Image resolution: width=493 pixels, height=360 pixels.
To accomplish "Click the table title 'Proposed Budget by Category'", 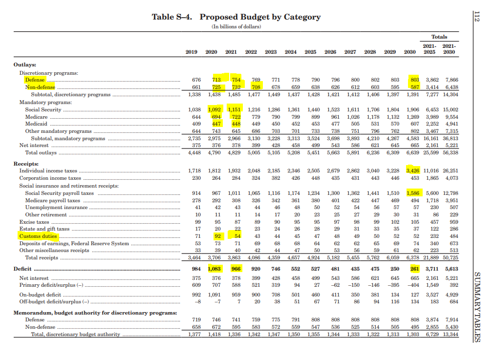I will pyautogui.click(x=260, y=17).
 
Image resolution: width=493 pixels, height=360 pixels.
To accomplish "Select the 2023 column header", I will pyautogui.click(x=271, y=52).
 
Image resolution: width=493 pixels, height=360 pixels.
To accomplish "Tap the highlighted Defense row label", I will pyautogui.click(x=35, y=80).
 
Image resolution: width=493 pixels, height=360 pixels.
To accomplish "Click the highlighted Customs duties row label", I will pyautogui.click(x=38, y=236).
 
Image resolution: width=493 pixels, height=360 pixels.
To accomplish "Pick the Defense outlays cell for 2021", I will pyautogui.click(x=236, y=80).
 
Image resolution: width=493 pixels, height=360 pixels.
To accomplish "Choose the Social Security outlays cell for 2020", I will pyautogui.click(x=215, y=110).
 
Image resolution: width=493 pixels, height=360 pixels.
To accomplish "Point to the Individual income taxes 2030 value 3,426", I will pyautogui.click(x=413, y=171).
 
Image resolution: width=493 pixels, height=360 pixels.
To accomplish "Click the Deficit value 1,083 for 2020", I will pyautogui.click(x=214, y=269).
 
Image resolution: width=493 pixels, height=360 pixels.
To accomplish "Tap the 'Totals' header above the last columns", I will pyautogui.click(x=439, y=37).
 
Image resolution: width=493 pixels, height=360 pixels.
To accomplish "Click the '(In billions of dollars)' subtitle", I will pyautogui.click(x=236, y=26).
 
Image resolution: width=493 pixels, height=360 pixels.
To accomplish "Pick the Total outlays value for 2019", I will pyautogui.click(x=194, y=152).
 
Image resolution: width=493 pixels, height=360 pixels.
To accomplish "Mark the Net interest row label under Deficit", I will pyautogui.click(x=34, y=278).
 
